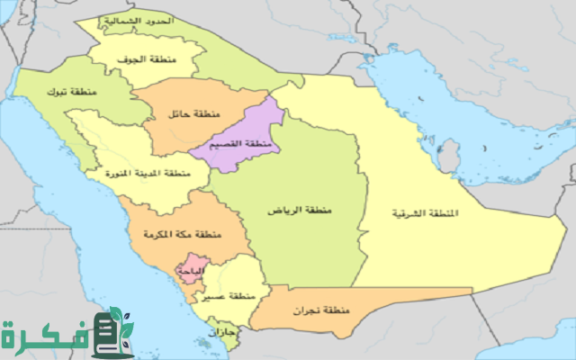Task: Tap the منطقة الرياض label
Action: [x=298, y=210]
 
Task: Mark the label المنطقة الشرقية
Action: [x=424, y=213]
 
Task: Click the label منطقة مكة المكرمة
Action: [x=181, y=235]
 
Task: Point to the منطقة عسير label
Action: [x=229, y=296]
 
